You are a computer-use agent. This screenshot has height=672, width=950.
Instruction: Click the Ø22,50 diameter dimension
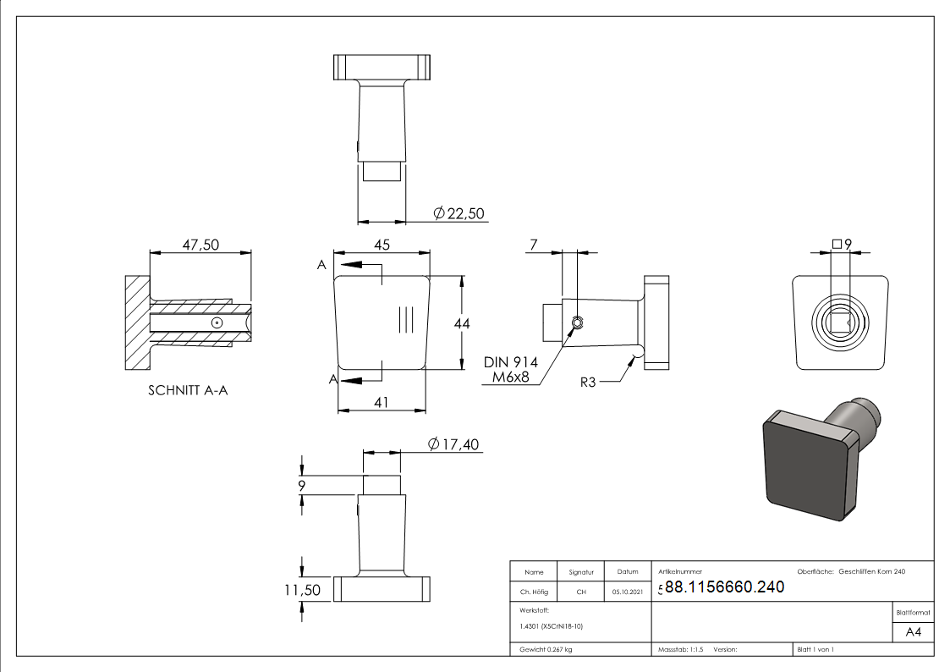[458, 214]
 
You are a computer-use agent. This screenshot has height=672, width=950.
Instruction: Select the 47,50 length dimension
[200, 245]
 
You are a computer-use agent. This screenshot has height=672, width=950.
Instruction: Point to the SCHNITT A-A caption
[188, 390]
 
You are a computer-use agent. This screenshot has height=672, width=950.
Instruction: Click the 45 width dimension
[382, 245]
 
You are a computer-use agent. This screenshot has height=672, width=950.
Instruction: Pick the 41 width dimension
[382, 403]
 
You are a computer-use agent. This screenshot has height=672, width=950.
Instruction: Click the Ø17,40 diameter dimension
[455, 444]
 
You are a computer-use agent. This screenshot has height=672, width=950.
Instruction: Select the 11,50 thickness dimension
[302, 590]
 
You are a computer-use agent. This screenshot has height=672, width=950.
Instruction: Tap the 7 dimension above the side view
[533, 245]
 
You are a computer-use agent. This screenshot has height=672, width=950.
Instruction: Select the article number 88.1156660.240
[724, 587]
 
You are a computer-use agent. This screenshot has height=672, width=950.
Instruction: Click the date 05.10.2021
[627, 592]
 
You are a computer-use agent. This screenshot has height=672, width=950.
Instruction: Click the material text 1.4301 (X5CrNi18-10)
[551, 626]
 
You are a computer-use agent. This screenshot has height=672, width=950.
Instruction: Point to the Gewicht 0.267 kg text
[546, 650]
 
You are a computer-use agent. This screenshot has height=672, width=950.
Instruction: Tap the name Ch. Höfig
[534, 592]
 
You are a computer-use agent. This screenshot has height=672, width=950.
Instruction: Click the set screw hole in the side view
[577, 322]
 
